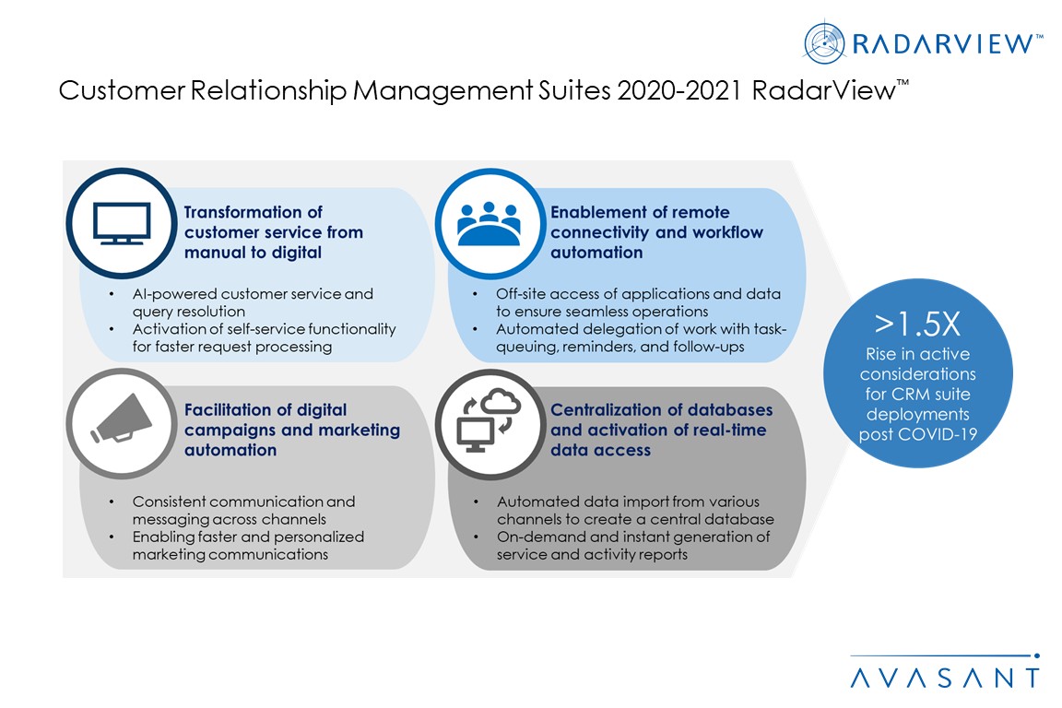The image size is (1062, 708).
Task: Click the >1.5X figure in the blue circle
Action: [x=917, y=325]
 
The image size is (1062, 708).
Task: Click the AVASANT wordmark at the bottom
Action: [x=944, y=678]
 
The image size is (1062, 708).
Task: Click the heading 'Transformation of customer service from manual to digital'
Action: [x=274, y=232]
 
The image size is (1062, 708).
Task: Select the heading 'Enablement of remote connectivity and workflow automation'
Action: [x=656, y=232]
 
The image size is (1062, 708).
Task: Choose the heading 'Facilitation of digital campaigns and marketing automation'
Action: [x=292, y=430]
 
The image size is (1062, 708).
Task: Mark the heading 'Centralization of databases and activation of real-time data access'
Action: [x=661, y=430]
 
